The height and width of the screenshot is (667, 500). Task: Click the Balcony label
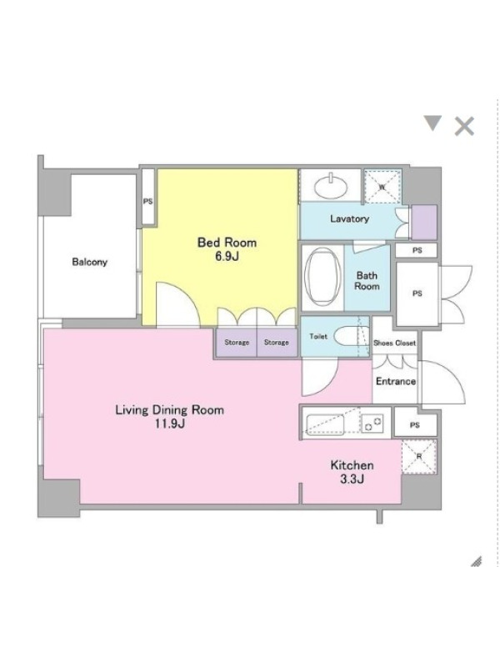pyautogui.click(x=89, y=262)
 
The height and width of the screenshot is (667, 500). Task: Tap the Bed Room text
pyautogui.click(x=227, y=243)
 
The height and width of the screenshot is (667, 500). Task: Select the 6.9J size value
pyautogui.click(x=227, y=256)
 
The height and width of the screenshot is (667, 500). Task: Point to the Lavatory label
pyautogui.click(x=349, y=218)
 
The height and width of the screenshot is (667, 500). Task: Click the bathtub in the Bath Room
pyautogui.click(x=322, y=277)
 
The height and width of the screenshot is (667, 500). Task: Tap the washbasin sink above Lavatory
pyautogui.click(x=331, y=186)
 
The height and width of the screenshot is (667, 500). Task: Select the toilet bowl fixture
pyautogui.click(x=347, y=337)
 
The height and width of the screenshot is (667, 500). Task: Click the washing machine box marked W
pyautogui.click(x=382, y=186)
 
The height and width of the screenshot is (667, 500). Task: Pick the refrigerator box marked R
pyautogui.click(x=419, y=456)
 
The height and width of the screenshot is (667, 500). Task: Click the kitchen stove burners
pyautogui.click(x=372, y=424)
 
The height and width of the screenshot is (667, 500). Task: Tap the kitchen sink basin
pyautogui.click(x=325, y=424)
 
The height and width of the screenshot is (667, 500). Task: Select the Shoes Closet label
pyautogui.click(x=394, y=343)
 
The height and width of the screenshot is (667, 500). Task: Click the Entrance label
pyautogui.click(x=396, y=381)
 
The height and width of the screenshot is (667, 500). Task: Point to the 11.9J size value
pyautogui.click(x=169, y=424)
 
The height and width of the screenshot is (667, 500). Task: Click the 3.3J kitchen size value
pyautogui.click(x=352, y=479)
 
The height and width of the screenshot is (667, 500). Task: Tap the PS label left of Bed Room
pyautogui.click(x=147, y=201)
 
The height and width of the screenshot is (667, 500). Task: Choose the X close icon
pyautogui.click(x=464, y=127)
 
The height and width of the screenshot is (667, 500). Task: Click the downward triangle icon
pyautogui.click(x=432, y=123)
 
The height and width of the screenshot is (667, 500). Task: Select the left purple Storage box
pyautogui.click(x=237, y=342)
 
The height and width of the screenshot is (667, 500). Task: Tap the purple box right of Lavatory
pyautogui.click(x=424, y=222)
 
